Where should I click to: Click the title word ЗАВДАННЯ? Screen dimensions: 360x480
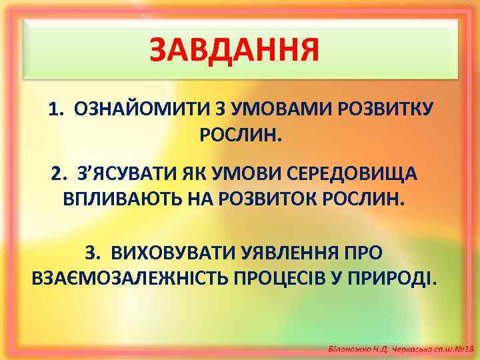coord(234,49)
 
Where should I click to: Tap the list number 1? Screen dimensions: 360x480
coord(55,109)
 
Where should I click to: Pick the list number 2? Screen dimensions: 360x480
coord(59,174)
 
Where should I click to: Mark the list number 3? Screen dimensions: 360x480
coord(93,253)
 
